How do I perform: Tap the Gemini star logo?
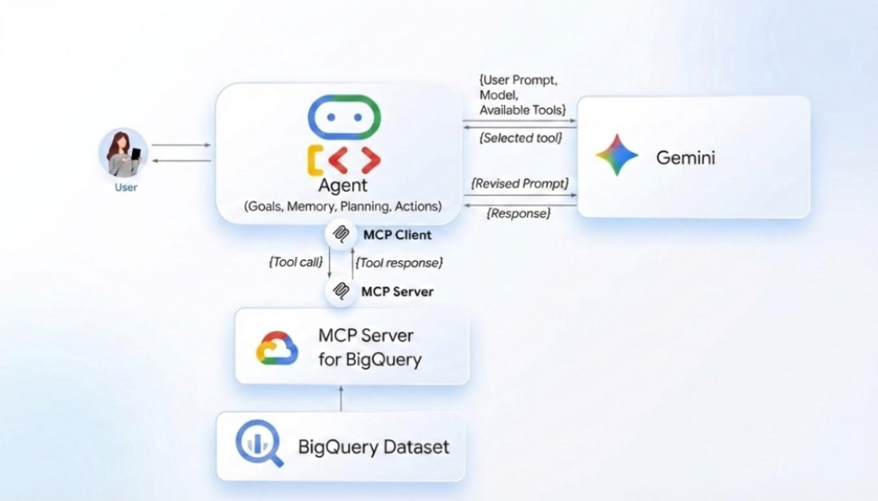tap(617, 156)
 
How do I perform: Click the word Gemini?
tap(685, 158)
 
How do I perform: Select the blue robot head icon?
tap(344, 117)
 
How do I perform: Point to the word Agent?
tap(343, 185)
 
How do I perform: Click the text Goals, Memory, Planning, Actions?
tap(343, 206)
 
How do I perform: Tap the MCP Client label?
tap(397, 234)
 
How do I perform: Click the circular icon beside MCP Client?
tap(341, 233)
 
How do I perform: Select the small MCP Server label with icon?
tap(397, 291)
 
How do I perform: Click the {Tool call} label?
tap(294, 262)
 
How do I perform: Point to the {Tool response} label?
tap(399, 262)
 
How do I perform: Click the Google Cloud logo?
tap(276, 348)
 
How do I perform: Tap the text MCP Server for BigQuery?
tap(370, 347)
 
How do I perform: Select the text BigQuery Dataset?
tap(373, 446)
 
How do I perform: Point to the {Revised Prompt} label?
tap(520, 183)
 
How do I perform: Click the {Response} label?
tap(519, 213)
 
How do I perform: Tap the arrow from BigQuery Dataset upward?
tap(341, 397)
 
